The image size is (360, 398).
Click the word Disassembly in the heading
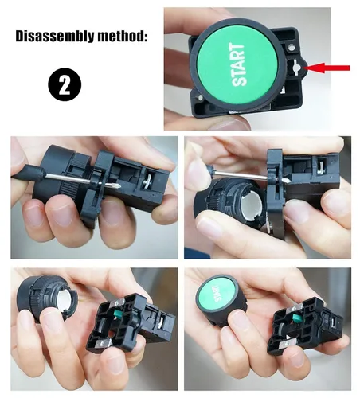click(54, 36)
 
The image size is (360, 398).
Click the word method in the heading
click(122, 36)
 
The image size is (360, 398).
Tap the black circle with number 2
click(65, 84)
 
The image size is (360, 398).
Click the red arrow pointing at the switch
click(328, 68)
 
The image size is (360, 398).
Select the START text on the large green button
click(239, 64)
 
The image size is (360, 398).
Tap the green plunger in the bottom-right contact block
click(296, 318)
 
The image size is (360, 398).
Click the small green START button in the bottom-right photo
click(216, 293)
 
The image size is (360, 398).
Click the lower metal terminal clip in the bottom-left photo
click(103, 343)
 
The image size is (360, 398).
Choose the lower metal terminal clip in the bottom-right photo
click(286, 344)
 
